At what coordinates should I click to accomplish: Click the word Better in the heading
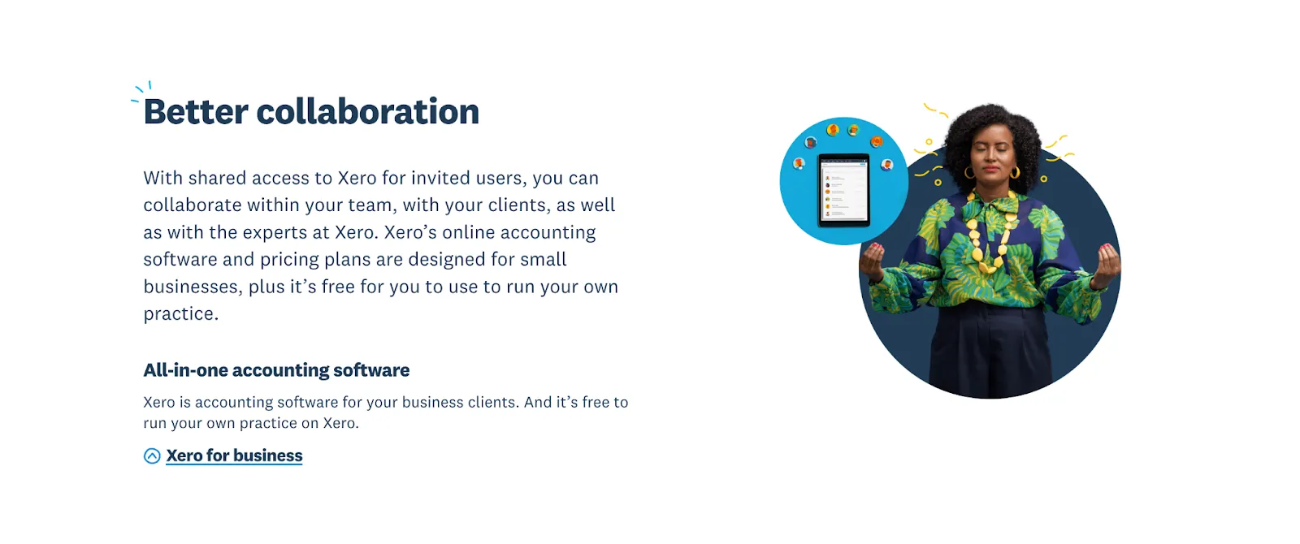pos(196,112)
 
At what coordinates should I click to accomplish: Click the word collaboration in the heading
pos(367,112)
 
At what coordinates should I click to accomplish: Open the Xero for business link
pos(234,455)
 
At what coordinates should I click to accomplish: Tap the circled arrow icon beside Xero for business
pos(152,456)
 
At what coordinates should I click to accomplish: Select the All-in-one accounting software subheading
pos(276,370)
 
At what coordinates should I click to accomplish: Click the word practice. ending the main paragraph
pos(180,314)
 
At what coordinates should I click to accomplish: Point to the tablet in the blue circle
pos(843,190)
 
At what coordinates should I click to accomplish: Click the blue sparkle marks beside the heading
pos(141,89)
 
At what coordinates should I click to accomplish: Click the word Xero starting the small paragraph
pos(158,403)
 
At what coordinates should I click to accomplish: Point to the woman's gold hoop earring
pos(1015,172)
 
